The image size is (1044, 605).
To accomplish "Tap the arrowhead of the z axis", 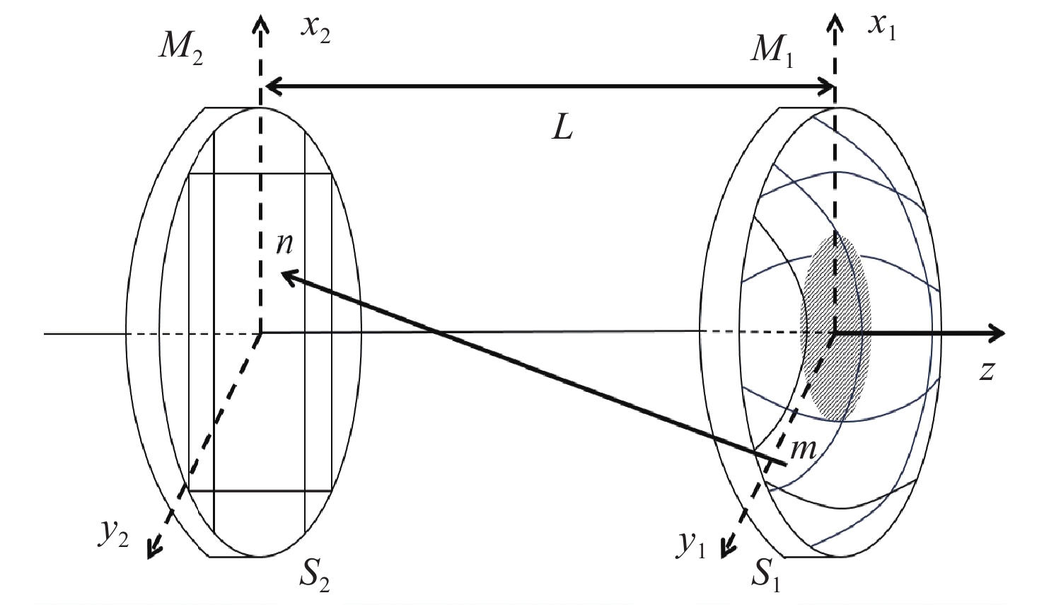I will [x=997, y=333].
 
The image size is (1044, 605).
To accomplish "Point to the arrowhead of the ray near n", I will [x=286, y=277].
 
